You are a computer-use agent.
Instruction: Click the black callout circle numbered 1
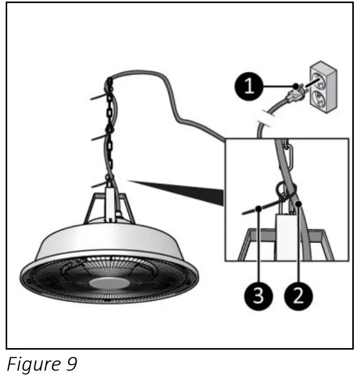click(249, 86)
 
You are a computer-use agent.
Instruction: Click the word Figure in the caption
click(32, 365)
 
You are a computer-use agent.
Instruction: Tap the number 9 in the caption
click(71, 365)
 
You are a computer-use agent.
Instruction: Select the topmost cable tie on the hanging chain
click(101, 96)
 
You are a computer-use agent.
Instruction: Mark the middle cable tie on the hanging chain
click(100, 137)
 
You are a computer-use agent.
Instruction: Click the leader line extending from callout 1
click(278, 86)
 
